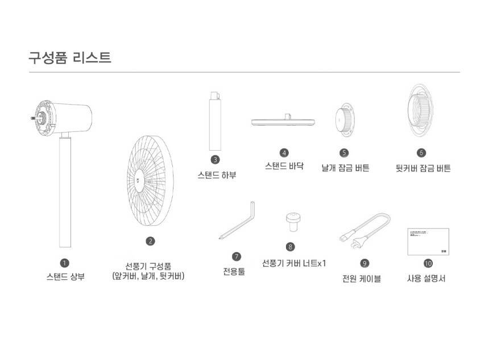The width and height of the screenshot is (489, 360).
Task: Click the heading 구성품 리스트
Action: (x=70, y=57)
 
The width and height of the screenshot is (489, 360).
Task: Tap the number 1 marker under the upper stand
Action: (x=65, y=263)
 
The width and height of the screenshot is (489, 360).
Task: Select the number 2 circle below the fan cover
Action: (x=150, y=241)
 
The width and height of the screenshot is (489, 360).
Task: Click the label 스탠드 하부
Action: (x=217, y=175)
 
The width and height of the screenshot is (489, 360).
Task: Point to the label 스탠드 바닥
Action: (x=284, y=165)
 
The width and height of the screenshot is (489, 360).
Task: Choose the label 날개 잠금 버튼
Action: (x=346, y=168)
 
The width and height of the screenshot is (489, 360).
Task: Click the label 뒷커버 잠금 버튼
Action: (x=423, y=168)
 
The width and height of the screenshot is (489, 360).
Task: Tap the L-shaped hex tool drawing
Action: (x=237, y=220)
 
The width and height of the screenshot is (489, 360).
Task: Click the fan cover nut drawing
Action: (x=293, y=222)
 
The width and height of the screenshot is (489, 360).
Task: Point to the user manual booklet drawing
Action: (x=428, y=242)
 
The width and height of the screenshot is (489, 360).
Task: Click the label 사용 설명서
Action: (x=426, y=278)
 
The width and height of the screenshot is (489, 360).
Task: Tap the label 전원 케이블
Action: (x=362, y=278)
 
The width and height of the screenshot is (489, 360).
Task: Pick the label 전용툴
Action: (x=234, y=271)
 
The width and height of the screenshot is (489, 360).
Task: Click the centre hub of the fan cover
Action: (x=139, y=181)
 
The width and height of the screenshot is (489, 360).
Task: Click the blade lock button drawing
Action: (x=345, y=120)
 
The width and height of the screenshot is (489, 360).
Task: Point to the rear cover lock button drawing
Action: (x=420, y=110)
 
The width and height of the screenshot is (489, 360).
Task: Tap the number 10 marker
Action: (x=428, y=263)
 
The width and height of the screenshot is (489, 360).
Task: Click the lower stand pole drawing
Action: (x=215, y=121)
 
